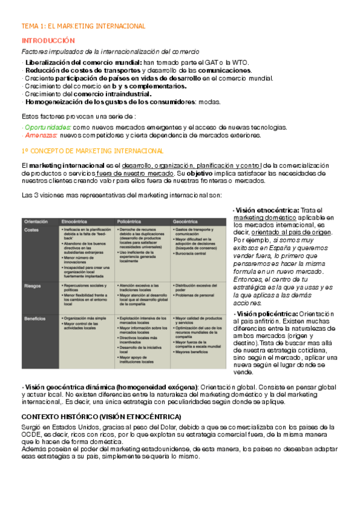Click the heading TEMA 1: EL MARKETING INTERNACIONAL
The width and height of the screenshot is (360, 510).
(84, 26)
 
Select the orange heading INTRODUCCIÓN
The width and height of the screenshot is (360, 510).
(48, 41)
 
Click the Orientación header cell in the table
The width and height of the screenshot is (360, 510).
(37, 221)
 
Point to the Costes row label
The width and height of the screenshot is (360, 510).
(32, 230)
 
